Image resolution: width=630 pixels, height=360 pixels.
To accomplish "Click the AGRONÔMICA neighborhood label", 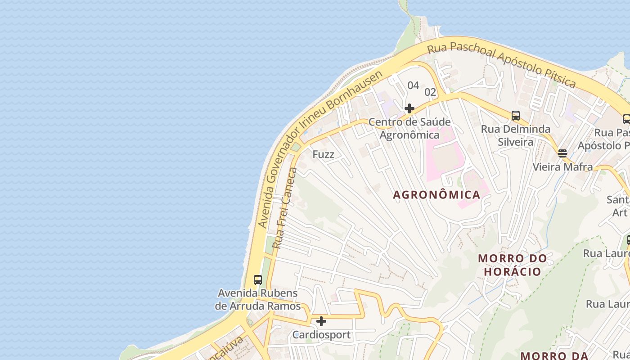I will tap(436, 194).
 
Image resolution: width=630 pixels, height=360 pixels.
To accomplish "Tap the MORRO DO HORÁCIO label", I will tap(512, 265).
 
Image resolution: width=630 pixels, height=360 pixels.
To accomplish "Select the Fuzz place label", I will tap(324, 154).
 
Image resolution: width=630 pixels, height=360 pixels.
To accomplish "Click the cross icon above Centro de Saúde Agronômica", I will tap(409, 108).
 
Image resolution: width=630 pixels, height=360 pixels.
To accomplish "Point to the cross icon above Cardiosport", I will tap(321, 321).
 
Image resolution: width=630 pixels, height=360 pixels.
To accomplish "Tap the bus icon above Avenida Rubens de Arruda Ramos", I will tap(257, 279).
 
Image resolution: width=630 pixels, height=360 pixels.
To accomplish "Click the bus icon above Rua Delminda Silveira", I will tap(516, 116).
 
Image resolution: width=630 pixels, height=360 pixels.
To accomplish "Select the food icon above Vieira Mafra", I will tap(562, 153).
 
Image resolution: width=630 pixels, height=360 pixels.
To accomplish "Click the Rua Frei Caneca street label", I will tap(285, 208).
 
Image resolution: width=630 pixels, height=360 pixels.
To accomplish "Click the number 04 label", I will tap(413, 85).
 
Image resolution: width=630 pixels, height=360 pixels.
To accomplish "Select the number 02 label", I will tap(431, 92).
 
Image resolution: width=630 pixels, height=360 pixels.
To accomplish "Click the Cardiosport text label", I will tap(321, 335).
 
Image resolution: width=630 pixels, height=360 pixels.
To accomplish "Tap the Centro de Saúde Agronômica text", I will tap(409, 128).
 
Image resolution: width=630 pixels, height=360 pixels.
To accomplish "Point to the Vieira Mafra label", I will tap(562, 167).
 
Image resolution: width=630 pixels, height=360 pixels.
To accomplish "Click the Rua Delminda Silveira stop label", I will tap(516, 135).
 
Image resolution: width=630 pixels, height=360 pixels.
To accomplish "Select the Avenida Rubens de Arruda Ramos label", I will tap(257, 300).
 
